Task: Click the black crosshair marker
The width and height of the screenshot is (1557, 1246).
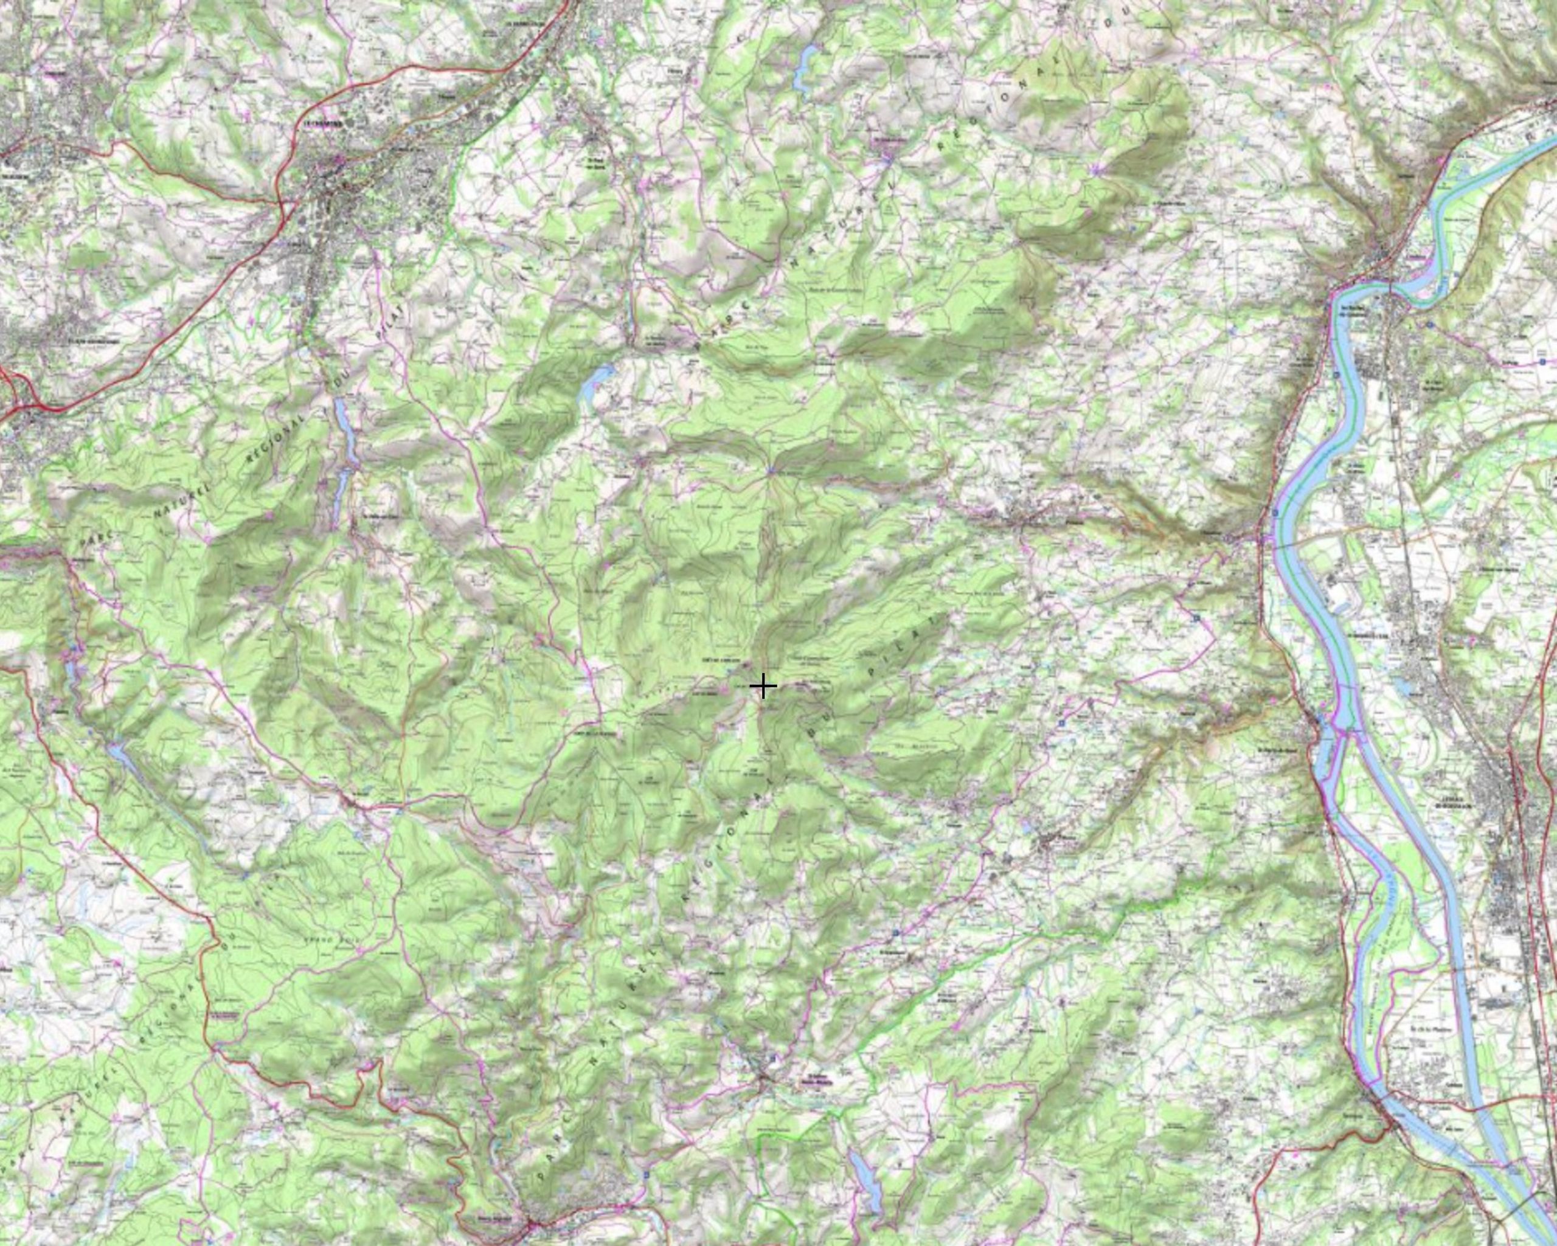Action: [763, 686]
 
